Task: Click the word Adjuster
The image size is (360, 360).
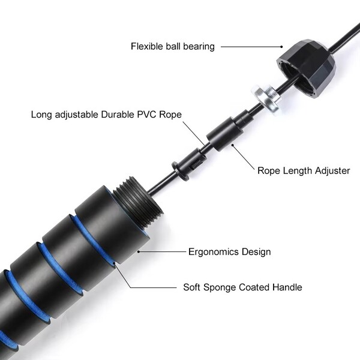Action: coord(332,170)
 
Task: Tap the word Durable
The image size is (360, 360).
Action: coord(118,115)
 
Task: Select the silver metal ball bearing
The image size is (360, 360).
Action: coord(266,99)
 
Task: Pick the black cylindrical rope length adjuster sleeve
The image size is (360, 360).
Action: coord(225,134)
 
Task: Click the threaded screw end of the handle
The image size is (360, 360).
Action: coord(138,200)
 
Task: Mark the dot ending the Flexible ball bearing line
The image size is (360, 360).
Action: coord(281,47)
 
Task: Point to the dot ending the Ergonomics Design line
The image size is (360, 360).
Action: coord(139,252)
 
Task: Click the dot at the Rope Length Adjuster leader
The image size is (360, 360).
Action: coord(233,145)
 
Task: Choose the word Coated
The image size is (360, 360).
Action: coord(254,287)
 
